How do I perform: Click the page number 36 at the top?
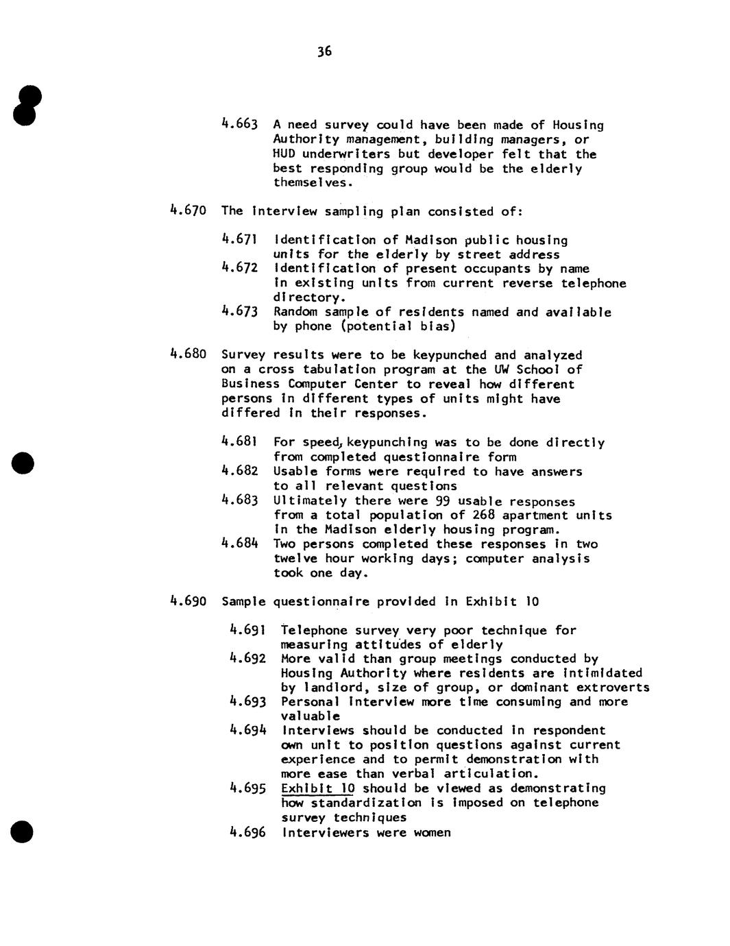point(324,51)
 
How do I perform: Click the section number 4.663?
point(240,125)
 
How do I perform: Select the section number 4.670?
point(188,211)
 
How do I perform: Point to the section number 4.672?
point(240,269)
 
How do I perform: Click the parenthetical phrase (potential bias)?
point(398,326)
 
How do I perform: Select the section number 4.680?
point(188,355)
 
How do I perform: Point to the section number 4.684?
point(240,544)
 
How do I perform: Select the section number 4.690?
point(188,602)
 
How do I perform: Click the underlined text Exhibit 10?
point(317,788)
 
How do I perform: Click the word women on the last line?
point(432,833)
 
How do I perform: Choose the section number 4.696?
point(247,833)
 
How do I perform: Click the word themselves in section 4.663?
point(313,183)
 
